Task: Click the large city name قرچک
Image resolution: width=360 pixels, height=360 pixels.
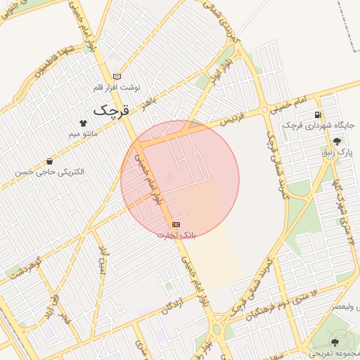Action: point(112,110)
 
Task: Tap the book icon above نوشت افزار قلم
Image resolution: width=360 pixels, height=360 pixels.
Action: point(117,77)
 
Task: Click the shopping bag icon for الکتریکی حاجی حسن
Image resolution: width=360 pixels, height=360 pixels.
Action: point(49,162)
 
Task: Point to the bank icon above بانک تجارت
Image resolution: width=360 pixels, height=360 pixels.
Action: point(175,224)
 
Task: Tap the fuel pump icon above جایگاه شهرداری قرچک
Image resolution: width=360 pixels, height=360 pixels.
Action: point(319,115)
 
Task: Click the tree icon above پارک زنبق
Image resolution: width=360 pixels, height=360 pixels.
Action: point(337,141)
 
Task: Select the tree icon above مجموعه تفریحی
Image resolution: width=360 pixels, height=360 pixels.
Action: point(334,343)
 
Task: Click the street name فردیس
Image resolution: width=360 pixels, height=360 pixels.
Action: point(234,117)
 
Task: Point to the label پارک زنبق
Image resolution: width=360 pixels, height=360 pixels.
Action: point(337,151)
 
